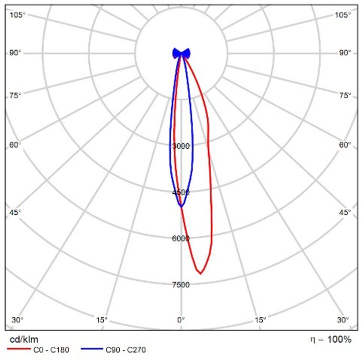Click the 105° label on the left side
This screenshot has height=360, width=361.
pyautogui.click(x=18, y=15)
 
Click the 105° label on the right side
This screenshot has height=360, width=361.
pyautogui.click(x=343, y=15)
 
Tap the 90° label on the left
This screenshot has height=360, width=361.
pyautogui.click(x=16, y=53)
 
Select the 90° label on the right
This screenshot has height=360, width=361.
pyautogui.click(x=345, y=53)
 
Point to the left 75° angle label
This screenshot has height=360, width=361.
pyautogui.click(x=16, y=95)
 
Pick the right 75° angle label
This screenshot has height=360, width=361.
pyautogui.click(x=345, y=95)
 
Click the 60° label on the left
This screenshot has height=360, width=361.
pyautogui.click(x=16, y=145)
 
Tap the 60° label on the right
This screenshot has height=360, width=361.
pyautogui.click(x=345, y=145)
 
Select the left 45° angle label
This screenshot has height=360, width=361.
pyautogui.click(x=16, y=212)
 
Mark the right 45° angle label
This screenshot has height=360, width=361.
pyautogui.click(x=345, y=212)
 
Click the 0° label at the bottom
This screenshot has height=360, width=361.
pyautogui.click(x=181, y=319)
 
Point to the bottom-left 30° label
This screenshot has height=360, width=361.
pyautogui.click(x=18, y=319)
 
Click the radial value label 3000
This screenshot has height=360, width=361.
pyautogui.click(x=181, y=146)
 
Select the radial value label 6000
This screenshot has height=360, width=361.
pyautogui.click(x=181, y=239)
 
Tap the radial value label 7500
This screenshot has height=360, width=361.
pyautogui.click(x=181, y=285)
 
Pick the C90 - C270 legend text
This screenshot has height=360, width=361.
pyautogui.click(x=126, y=350)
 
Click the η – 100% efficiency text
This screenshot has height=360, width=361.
pyautogui.click(x=330, y=340)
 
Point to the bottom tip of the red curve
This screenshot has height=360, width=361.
pyautogui.click(x=201, y=273)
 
